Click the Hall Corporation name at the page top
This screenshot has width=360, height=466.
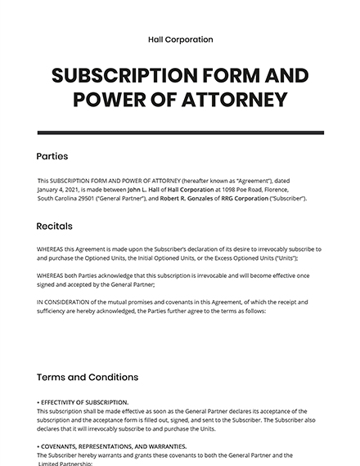(180, 39)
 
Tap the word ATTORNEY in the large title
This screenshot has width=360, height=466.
(236, 100)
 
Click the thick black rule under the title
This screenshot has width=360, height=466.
(180, 132)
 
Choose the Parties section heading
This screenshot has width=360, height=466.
(52, 156)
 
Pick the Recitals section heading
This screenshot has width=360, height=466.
(55, 226)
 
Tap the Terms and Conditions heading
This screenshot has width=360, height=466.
(88, 377)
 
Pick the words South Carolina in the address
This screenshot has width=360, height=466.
(56, 199)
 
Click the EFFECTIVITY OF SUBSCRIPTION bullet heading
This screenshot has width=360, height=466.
(83, 401)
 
